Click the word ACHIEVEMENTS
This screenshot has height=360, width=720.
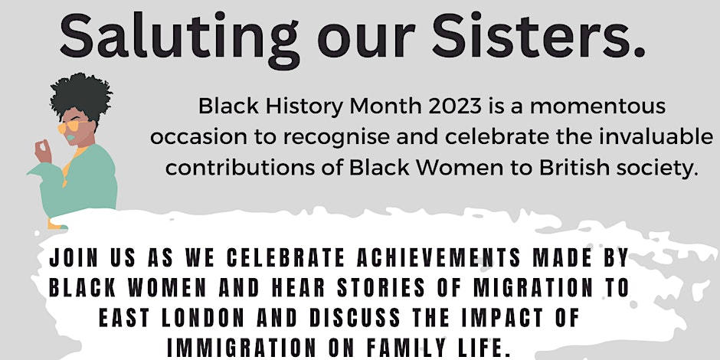click(x=439, y=258)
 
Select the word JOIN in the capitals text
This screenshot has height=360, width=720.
click(x=74, y=258)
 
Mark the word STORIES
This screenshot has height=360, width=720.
click(x=381, y=288)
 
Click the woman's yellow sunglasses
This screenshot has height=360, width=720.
click(x=68, y=126)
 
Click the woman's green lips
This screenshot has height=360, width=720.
click(x=70, y=137)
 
